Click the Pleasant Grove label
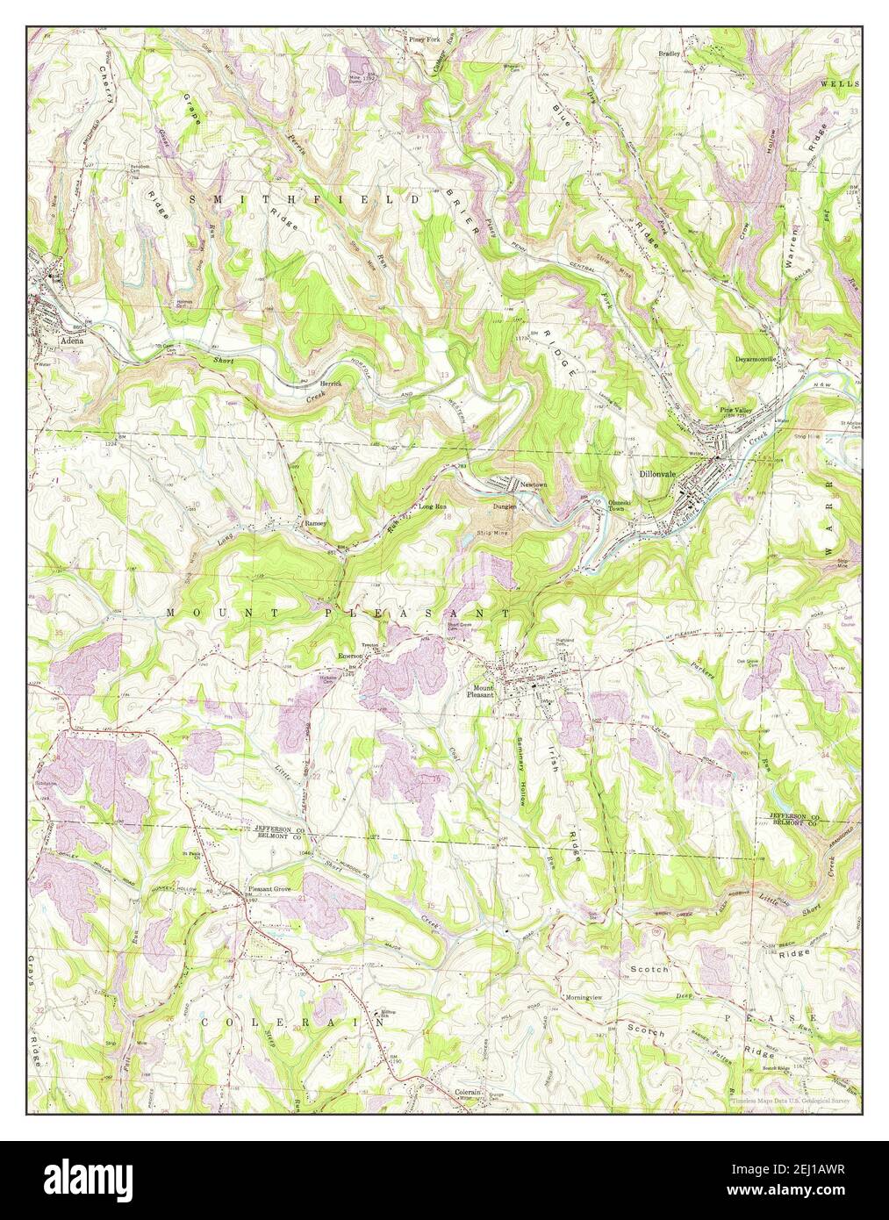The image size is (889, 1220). [x=275, y=888]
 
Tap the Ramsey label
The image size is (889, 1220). [x=315, y=522]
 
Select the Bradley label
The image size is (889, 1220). [x=670, y=54]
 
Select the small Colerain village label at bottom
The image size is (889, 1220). [x=468, y=1093]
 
